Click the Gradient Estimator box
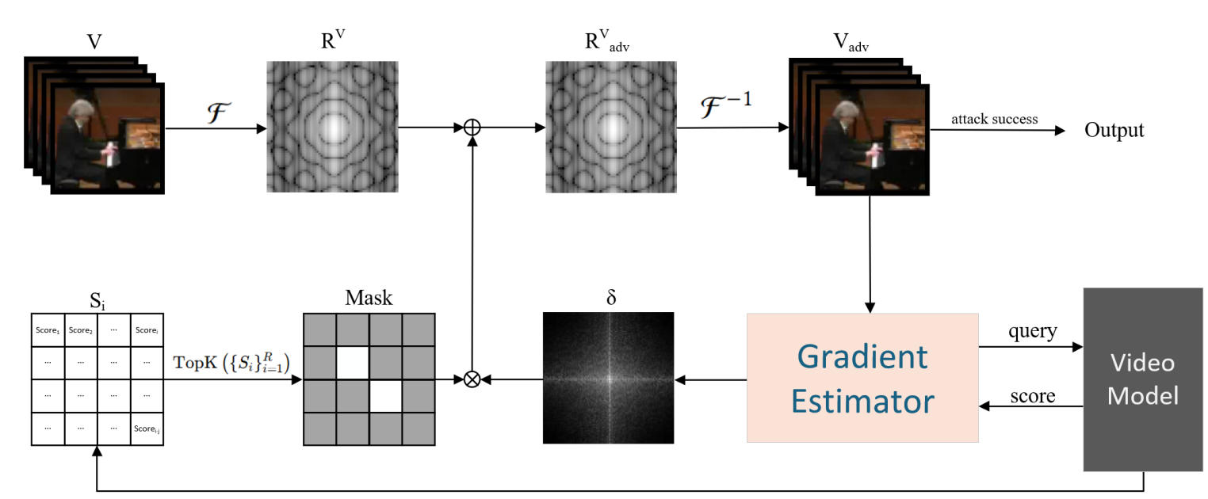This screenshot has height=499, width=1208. [x=862, y=379]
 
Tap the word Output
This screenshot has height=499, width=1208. [x=1114, y=130]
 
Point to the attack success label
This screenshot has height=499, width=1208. [x=995, y=119]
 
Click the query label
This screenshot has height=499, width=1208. [x=1032, y=331]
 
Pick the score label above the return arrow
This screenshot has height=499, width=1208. [x=1032, y=394]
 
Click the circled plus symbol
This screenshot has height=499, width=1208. [x=472, y=127]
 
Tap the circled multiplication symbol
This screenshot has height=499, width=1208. [x=472, y=379]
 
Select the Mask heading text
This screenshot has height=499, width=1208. [x=369, y=298]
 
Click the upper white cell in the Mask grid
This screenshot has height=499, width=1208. [x=353, y=363]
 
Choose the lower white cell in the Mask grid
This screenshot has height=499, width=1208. [x=386, y=395]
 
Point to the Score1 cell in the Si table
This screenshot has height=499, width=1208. [x=47, y=330]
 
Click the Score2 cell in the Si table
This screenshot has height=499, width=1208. [x=79, y=330]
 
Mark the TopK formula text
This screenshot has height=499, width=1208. [x=231, y=362]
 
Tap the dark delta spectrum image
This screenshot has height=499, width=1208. [x=608, y=378]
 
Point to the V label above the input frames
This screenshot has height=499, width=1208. [x=94, y=41]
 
